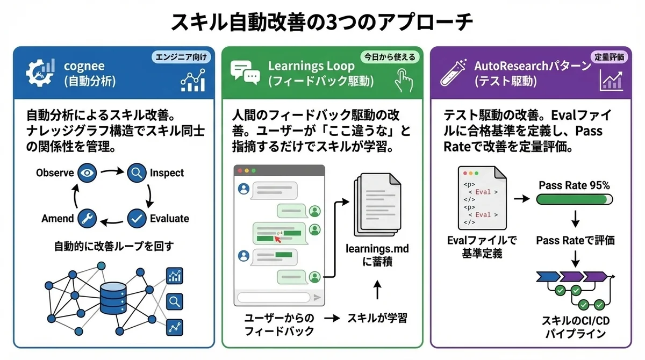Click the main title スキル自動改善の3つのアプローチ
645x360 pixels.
(x=322, y=23)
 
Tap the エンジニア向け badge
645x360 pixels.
(x=182, y=56)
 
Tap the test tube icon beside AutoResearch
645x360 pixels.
(x=453, y=74)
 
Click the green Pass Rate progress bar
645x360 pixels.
(x=574, y=199)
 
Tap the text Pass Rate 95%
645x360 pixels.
(x=574, y=185)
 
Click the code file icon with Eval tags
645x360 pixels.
(x=481, y=197)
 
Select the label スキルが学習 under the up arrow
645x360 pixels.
(x=377, y=318)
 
